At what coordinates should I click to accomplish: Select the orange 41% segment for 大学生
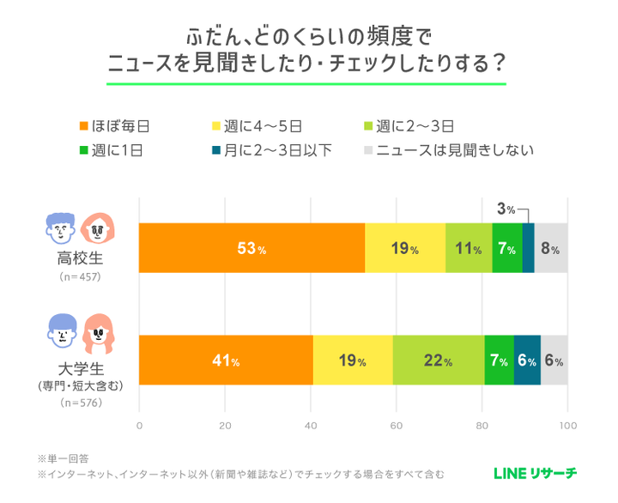pyautogui.click(x=226, y=361)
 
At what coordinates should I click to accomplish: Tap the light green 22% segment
pyautogui.click(x=438, y=361)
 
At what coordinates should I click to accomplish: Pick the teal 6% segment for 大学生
pyautogui.click(x=527, y=361)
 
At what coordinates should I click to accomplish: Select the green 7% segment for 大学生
pyautogui.click(x=499, y=361)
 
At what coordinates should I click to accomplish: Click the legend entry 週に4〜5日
pyautogui.click(x=261, y=126)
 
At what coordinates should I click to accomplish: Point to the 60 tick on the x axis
pyautogui.click(x=397, y=423)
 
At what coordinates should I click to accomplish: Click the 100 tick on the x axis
pyautogui.click(x=567, y=423)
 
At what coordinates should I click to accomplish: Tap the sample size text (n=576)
pyautogui.click(x=79, y=402)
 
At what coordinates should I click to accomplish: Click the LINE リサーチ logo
pyautogui.click(x=535, y=472)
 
